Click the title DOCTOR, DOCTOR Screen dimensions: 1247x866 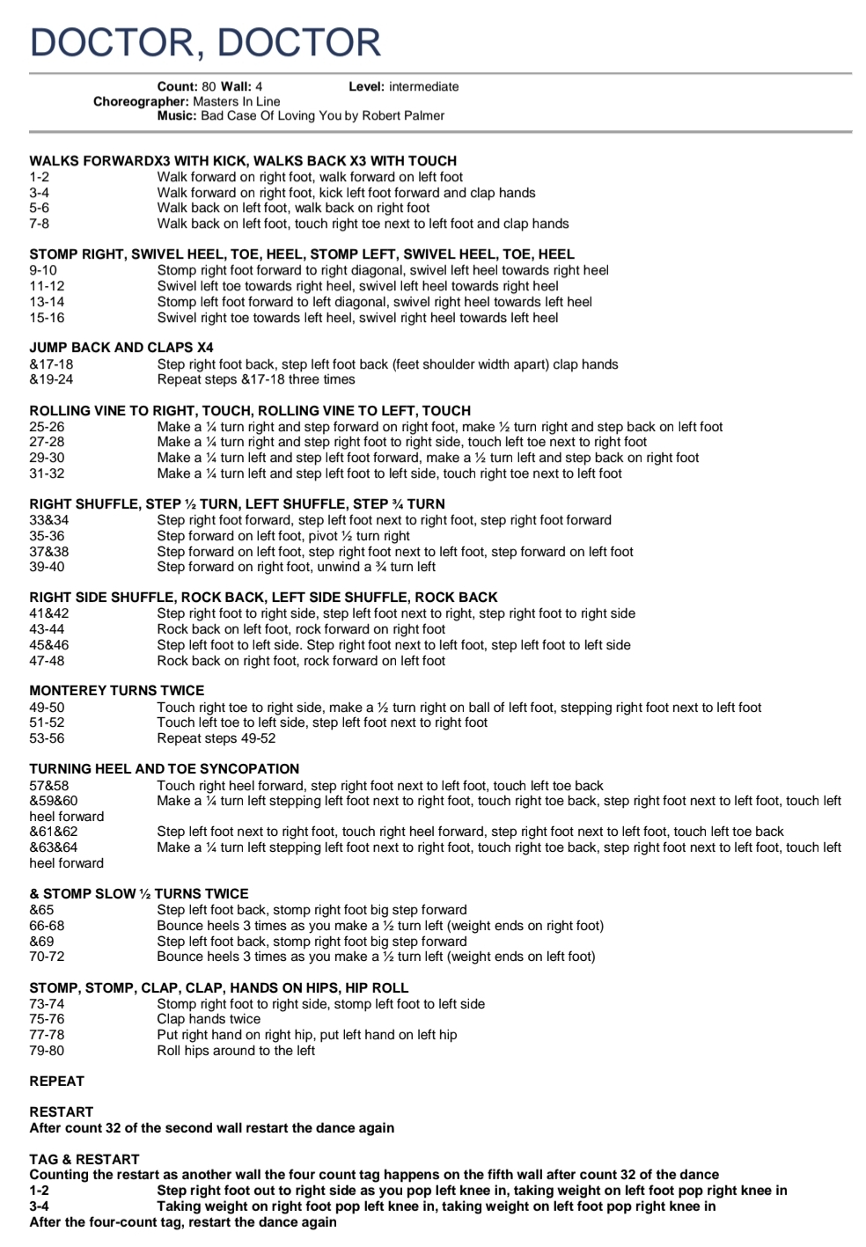click(x=205, y=42)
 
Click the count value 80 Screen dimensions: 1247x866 click(x=209, y=86)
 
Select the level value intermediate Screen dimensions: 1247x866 click(x=423, y=86)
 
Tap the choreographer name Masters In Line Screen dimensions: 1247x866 click(x=237, y=101)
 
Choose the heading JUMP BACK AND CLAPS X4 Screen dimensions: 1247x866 click(x=121, y=348)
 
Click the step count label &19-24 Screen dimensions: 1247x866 click(x=51, y=379)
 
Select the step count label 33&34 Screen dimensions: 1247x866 click(x=48, y=520)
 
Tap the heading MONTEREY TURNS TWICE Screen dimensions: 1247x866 click(x=116, y=691)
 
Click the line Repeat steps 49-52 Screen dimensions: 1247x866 click(x=216, y=738)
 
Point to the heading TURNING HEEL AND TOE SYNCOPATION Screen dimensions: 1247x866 click(x=164, y=769)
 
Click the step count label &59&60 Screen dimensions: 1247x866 click(x=54, y=801)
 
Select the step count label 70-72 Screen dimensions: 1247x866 click(x=47, y=957)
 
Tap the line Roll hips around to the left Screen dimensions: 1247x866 click(x=236, y=1051)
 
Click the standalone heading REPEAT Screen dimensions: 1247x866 click(x=56, y=1082)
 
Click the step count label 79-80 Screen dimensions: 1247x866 click(x=47, y=1051)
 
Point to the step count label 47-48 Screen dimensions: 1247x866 click(x=47, y=661)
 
